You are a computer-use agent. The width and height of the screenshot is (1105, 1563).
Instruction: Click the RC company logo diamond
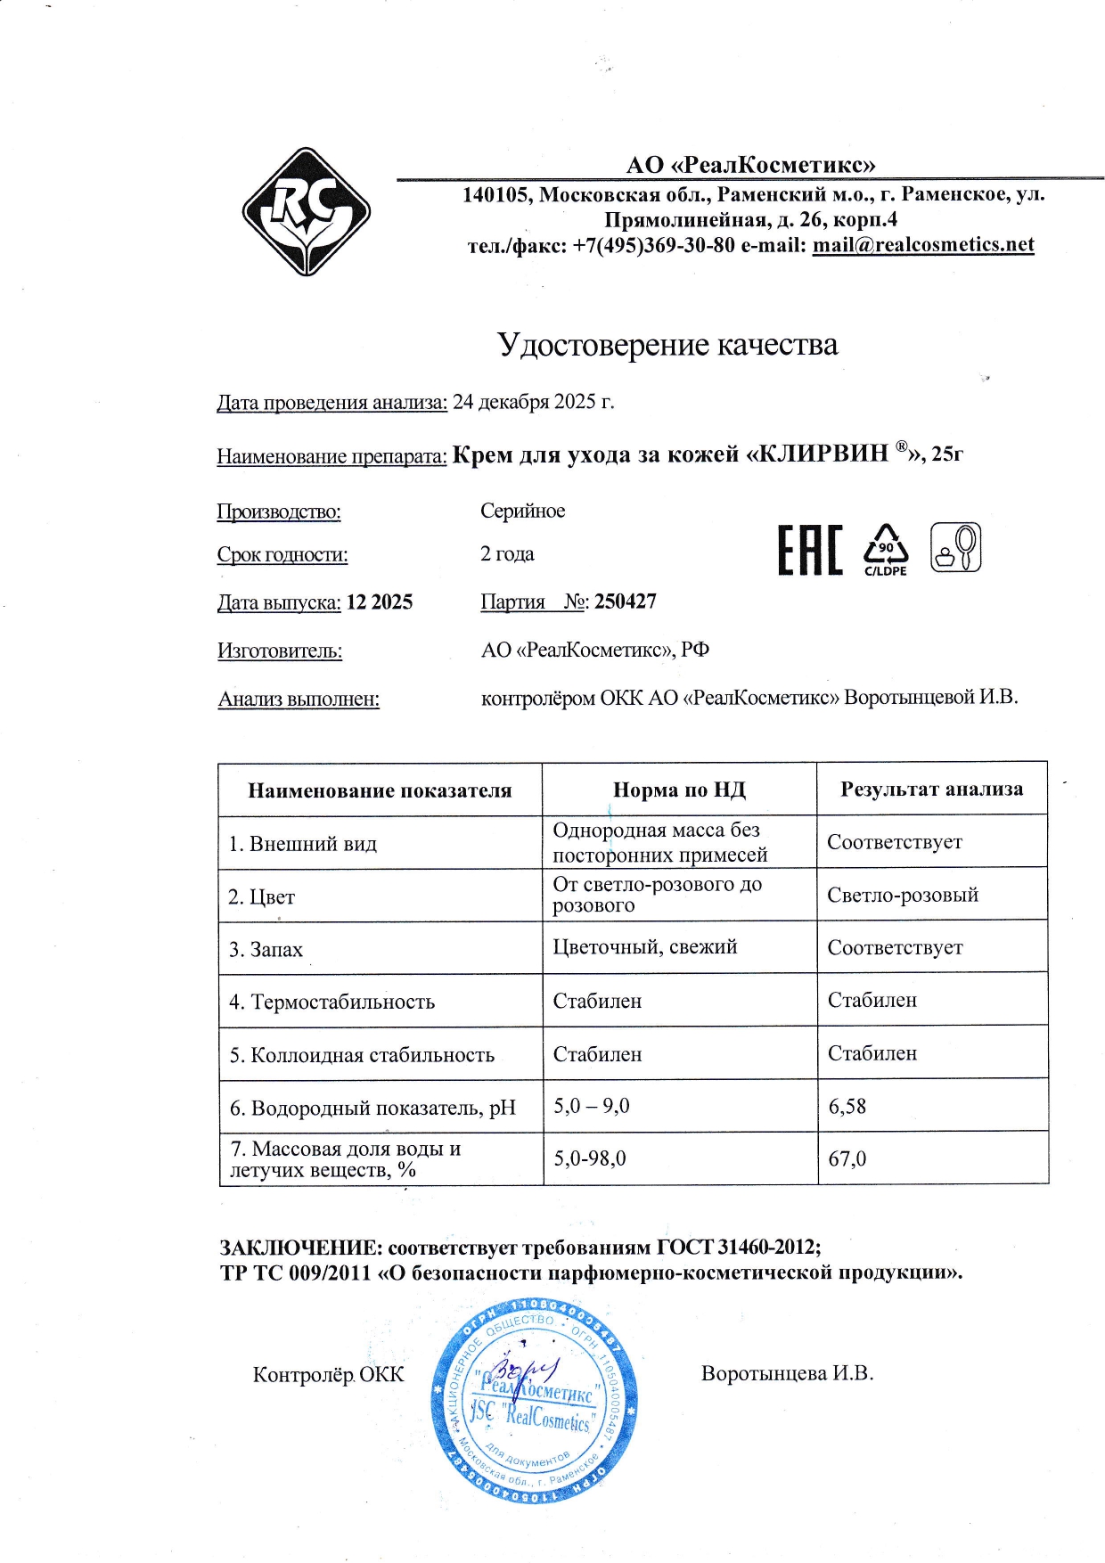[307, 212]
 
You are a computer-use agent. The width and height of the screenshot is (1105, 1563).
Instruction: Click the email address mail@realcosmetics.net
[922, 245]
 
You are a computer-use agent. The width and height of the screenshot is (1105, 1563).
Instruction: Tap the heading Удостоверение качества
[667, 345]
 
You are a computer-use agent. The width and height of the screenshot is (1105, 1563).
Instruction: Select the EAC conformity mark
[809, 551]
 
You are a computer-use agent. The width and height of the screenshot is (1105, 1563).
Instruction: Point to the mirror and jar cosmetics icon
[955, 548]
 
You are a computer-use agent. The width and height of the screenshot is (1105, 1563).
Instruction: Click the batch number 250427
[626, 601]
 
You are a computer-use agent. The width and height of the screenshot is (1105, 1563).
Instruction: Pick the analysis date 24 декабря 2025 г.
[533, 402]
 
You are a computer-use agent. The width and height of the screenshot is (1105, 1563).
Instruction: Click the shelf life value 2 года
[507, 553]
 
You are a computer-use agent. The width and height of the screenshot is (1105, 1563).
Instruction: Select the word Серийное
[522, 511]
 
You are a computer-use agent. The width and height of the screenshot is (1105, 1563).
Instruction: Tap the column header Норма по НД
[679, 790]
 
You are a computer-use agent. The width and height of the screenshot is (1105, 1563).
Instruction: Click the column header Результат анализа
[931, 789]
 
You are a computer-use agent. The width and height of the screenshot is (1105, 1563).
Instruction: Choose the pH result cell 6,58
[847, 1106]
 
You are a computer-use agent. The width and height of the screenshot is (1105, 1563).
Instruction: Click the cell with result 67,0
[847, 1158]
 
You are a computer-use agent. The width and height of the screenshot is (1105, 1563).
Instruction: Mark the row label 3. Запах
[266, 949]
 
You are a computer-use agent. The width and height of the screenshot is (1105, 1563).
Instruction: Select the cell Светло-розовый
[902, 895]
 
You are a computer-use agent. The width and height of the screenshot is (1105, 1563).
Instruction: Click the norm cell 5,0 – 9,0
[591, 1106]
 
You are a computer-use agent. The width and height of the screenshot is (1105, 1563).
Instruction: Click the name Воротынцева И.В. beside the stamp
[786, 1373]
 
